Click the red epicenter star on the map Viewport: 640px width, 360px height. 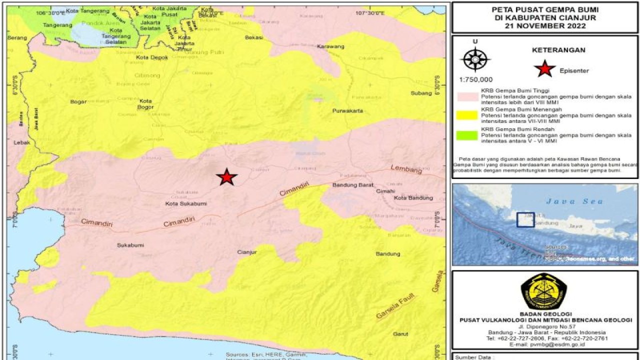(x=226, y=177)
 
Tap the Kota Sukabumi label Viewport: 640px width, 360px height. (x=185, y=204)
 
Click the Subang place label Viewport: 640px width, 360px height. (x=421, y=93)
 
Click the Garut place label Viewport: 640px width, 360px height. (x=401, y=334)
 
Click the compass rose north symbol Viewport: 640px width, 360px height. (x=475, y=60)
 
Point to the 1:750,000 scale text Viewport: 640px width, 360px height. (x=475, y=79)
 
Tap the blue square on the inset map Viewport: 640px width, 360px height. (x=525, y=220)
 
